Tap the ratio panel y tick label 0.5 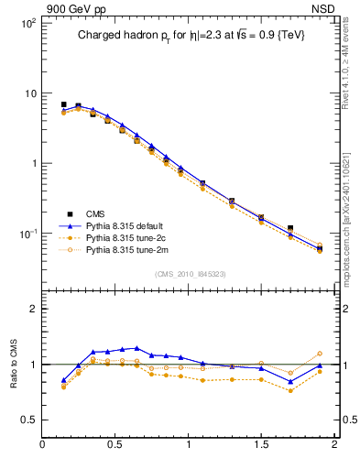[x=28, y=420]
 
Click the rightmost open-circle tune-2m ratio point [x=320, y=354]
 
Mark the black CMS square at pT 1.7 [x=290, y=228]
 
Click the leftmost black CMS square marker [x=63, y=104]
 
